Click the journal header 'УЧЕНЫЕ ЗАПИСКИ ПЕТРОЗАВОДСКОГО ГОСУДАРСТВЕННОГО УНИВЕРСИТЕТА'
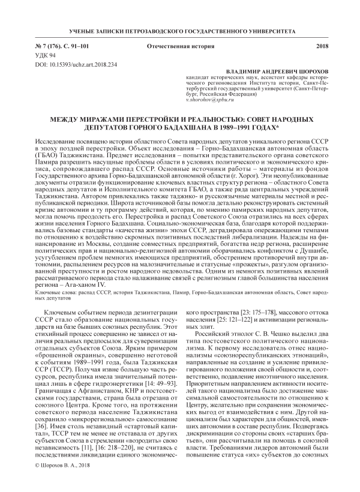180,29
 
